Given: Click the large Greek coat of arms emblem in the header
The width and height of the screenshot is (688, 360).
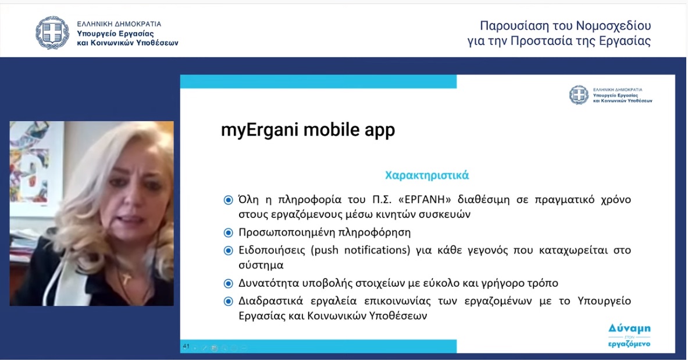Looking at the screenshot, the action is click(x=52, y=33).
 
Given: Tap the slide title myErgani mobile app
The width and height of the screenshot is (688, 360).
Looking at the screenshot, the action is click(x=308, y=130).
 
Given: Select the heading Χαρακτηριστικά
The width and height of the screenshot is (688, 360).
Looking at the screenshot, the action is click(x=427, y=176).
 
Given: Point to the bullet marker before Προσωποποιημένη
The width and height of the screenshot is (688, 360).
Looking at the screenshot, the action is click(x=228, y=233).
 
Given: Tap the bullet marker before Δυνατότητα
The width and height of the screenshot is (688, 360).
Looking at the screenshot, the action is click(x=228, y=284).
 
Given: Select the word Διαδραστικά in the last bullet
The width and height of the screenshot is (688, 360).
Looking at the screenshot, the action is click(x=271, y=301).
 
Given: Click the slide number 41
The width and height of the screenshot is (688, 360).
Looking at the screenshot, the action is click(x=186, y=347).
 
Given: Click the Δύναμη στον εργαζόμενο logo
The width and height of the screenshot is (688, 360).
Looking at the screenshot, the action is click(x=629, y=336).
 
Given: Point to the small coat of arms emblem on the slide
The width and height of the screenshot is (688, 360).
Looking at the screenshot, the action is click(x=579, y=95).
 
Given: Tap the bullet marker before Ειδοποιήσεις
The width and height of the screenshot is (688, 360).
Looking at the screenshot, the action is click(x=228, y=251).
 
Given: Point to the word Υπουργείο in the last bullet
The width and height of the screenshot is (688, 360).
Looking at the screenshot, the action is click(x=604, y=301).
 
